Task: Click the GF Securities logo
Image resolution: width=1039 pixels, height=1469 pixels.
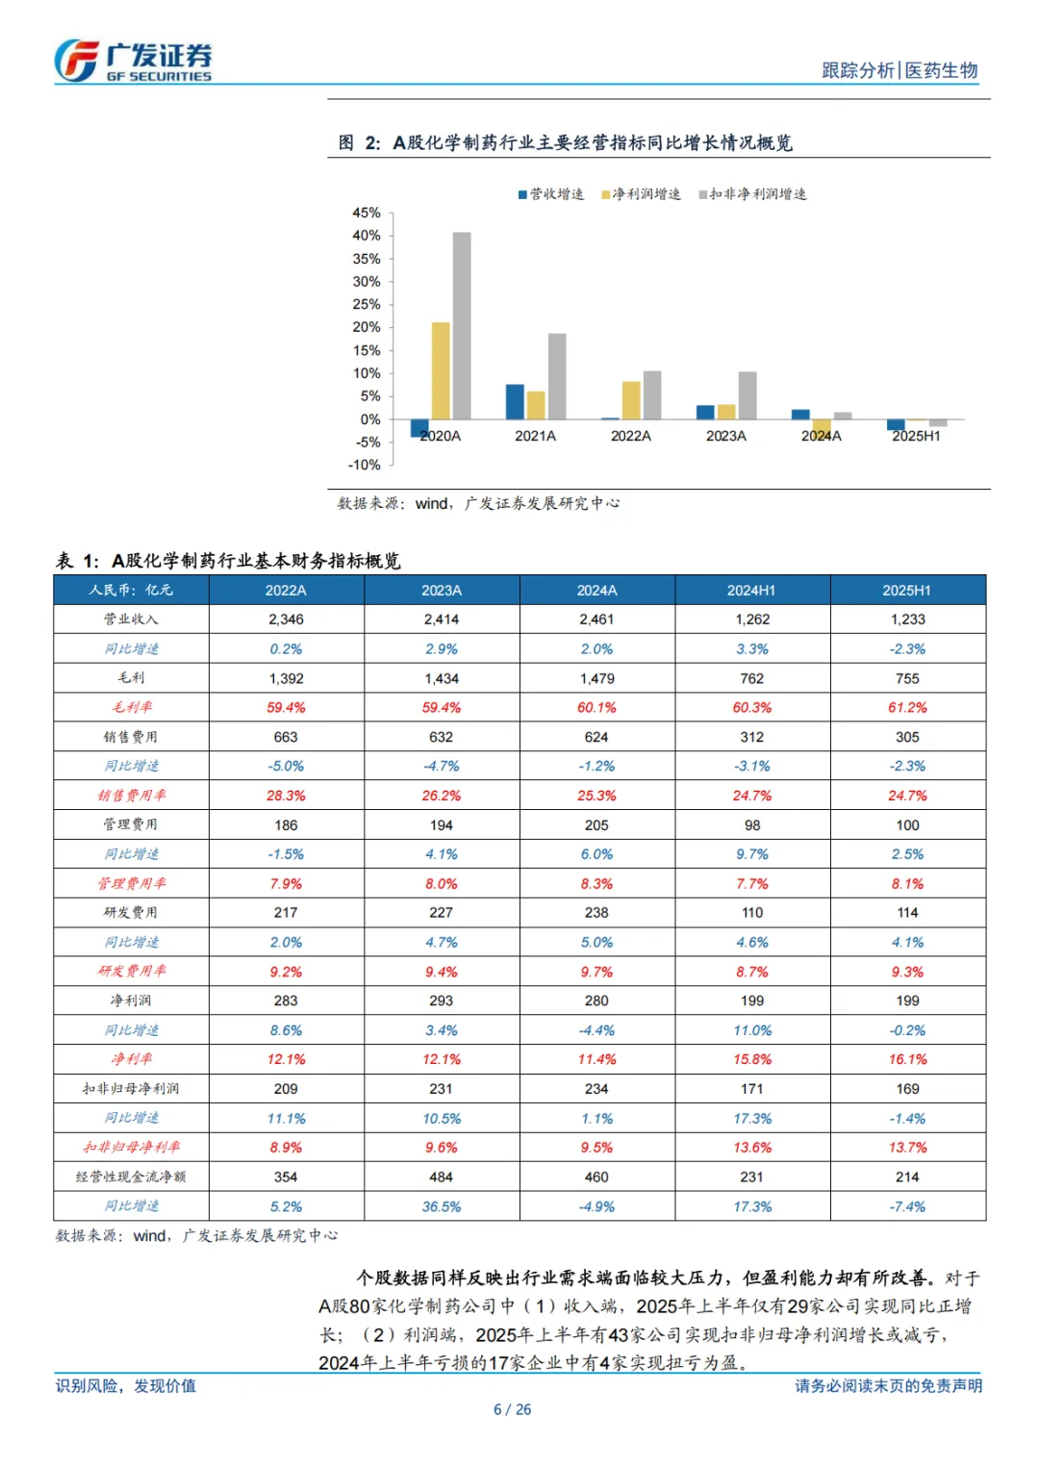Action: (133, 61)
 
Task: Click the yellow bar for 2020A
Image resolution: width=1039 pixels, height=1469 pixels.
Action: (441, 370)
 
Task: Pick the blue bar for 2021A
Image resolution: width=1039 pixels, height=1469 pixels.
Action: (515, 401)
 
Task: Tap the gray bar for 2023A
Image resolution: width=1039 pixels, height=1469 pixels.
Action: (748, 394)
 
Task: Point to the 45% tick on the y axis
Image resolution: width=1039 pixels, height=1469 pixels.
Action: (367, 213)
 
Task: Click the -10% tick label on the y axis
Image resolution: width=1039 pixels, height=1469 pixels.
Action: (365, 465)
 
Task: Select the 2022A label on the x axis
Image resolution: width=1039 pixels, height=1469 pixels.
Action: (631, 436)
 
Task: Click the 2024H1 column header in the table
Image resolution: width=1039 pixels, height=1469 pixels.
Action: (751, 590)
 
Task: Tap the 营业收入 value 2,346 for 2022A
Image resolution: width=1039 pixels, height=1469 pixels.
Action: (286, 620)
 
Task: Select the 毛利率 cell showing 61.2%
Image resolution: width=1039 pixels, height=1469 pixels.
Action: (907, 707)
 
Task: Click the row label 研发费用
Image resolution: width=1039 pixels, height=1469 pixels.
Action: (131, 912)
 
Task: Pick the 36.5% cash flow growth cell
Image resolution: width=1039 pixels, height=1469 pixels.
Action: (442, 1206)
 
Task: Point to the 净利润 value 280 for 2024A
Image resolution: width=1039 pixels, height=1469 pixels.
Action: (596, 1000)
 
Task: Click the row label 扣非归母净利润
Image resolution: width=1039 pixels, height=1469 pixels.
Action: (131, 1088)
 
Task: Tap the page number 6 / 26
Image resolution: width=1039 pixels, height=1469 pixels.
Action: (512, 1409)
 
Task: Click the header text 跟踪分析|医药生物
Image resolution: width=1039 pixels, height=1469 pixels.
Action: (900, 70)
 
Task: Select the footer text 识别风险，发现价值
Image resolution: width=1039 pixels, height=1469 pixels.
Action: (126, 1385)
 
